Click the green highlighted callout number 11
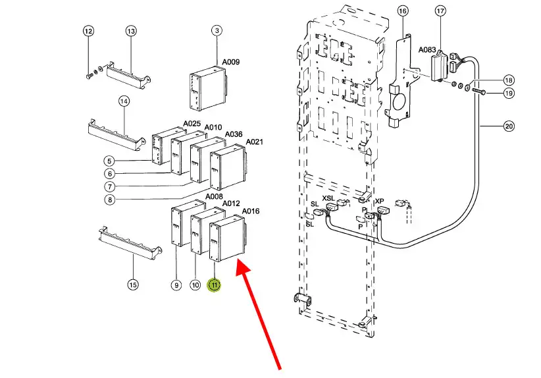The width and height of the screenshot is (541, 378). click(214, 285)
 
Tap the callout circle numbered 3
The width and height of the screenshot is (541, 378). click(217, 30)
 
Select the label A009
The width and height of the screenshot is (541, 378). click(231, 62)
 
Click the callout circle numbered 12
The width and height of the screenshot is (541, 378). click(88, 31)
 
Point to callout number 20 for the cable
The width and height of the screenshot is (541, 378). click(509, 126)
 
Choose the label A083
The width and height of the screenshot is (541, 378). click(427, 49)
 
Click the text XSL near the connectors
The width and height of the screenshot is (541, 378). click(328, 198)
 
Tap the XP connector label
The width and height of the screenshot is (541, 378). click(380, 201)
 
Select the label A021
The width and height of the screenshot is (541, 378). click(254, 142)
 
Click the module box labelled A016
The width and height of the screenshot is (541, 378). click(228, 238)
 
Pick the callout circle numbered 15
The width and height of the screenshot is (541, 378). click(133, 284)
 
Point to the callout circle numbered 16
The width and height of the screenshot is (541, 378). click(403, 11)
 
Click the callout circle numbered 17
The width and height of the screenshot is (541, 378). click(440, 11)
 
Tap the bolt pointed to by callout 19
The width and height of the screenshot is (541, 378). click(478, 92)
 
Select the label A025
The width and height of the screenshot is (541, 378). click(192, 124)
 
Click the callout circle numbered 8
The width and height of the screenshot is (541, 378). click(110, 200)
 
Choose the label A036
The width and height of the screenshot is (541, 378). click(234, 134)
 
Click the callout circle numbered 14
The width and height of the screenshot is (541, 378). click(124, 101)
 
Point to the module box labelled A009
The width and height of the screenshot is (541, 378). click(208, 88)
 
